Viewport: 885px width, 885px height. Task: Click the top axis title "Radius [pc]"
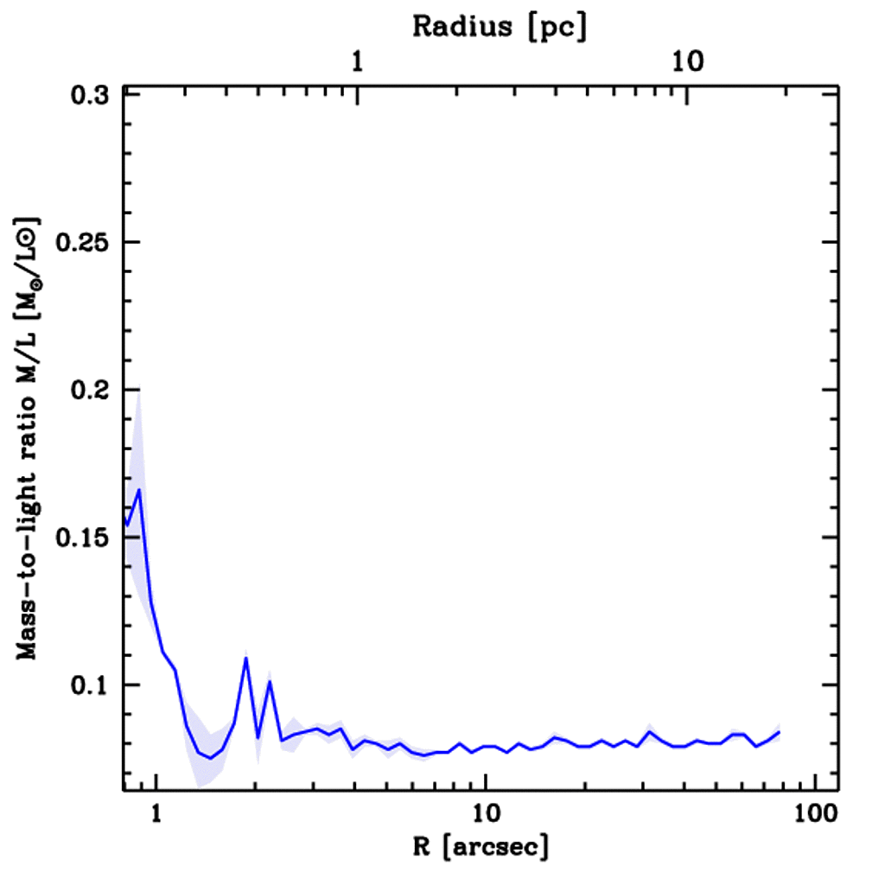coord(500,26)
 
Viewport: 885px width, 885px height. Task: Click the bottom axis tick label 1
coord(156,812)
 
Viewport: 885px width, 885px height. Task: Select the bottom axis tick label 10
coord(486,812)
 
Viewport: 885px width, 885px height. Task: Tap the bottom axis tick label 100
coord(815,812)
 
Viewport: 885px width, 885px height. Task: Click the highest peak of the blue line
coord(138,490)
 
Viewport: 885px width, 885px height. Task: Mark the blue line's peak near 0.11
coord(246,658)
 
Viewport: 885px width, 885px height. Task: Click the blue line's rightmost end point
coord(780,732)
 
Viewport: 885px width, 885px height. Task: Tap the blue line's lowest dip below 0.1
coord(209,758)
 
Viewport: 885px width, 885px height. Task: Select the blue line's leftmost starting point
coord(126,525)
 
